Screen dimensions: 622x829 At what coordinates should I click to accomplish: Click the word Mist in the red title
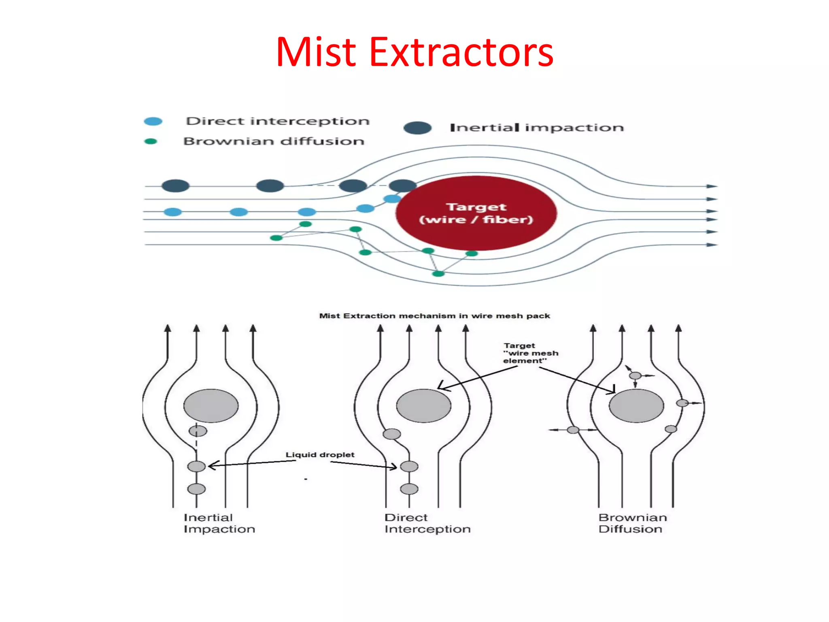(316, 52)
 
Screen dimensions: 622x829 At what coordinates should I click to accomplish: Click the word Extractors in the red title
(461, 52)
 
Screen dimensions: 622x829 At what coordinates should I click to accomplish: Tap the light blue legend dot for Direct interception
(153, 121)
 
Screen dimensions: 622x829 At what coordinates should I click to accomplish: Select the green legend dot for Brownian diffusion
(151, 141)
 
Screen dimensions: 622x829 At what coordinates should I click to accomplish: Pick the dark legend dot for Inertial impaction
(417, 128)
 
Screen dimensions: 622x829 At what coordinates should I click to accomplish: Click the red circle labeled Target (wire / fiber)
(476, 213)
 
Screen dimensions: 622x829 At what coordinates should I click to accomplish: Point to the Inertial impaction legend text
(537, 128)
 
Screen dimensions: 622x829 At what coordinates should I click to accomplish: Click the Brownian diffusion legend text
(274, 141)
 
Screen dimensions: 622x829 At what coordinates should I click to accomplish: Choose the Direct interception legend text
(278, 121)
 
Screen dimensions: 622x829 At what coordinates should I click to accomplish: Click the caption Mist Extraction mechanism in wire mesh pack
(434, 316)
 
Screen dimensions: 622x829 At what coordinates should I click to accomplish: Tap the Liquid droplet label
(320, 455)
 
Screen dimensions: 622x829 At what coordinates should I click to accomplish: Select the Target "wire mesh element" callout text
(530, 353)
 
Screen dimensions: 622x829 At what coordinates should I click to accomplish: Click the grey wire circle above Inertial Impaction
(211, 406)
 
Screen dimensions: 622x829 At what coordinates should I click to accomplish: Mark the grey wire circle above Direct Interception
(423, 406)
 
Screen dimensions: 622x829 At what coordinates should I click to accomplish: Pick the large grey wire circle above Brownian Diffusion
(636, 406)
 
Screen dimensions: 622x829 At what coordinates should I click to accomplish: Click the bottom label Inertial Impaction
(219, 523)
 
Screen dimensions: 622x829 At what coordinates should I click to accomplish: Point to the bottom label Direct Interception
(427, 523)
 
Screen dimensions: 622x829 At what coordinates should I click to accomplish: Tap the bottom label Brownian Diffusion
(632, 523)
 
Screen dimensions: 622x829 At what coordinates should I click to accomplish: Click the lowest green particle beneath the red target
(438, 274)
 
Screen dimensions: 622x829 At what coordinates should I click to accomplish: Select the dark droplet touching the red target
(402, 186)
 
